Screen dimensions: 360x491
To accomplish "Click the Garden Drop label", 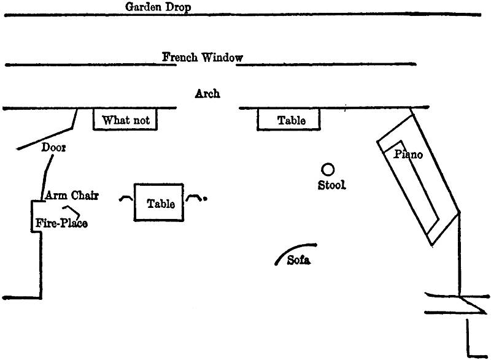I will tap(158, 7).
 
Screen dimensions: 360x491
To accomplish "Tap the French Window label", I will tap(202, 57).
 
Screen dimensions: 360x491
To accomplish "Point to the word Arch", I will tap(207, 94).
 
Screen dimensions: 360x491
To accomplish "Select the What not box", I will tap(126, 120).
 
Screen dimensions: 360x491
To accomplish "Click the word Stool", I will tap(331, 185).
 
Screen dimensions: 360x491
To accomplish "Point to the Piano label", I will tap(408, 155).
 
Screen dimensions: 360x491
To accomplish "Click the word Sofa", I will tap(299, 261).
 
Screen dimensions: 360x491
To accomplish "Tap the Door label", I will tap(53, 148).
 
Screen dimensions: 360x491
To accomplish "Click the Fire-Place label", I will tap(61, 223).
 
